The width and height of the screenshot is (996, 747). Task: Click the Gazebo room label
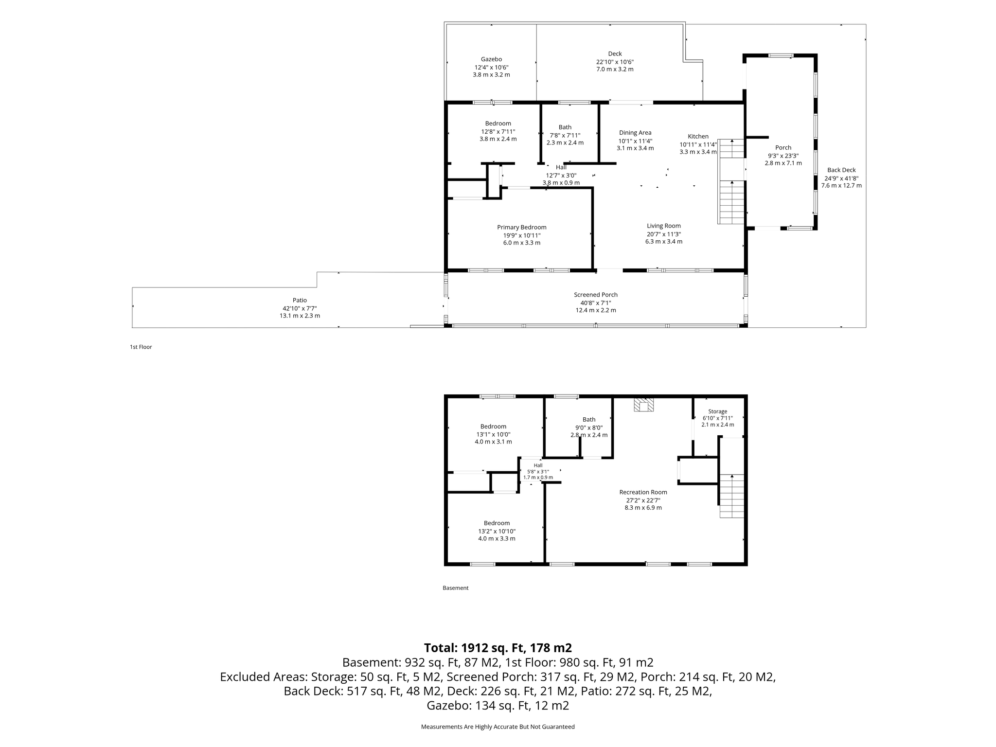[491, 59]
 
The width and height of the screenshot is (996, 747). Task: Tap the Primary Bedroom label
[521, 227]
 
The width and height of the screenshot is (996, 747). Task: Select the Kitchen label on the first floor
[698, 136]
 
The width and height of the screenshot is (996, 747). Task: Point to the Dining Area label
[635, 133]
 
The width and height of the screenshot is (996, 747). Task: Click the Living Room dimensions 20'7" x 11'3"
[663, 234]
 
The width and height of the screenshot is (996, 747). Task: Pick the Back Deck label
[841, 170]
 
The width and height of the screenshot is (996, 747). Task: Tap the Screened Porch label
[595, 295]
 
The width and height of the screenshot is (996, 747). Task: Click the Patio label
[300, 300]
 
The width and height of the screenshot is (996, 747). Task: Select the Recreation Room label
[643, 492]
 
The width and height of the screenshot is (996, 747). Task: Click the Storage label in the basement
[717, 411]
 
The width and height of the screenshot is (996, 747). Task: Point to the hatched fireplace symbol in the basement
[643, 405]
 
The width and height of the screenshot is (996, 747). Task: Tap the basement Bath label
[589, 420]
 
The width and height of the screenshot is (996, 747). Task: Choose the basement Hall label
[538, 465]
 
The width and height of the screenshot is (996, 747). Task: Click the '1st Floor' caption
[141, 347]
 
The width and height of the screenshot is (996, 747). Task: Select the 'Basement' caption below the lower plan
[456, 588]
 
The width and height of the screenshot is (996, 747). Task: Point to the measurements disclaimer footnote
[498, 727]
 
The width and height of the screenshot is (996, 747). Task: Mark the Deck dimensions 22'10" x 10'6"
[615, 62]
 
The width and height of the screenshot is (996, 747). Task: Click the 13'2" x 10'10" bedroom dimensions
[497, 531]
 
